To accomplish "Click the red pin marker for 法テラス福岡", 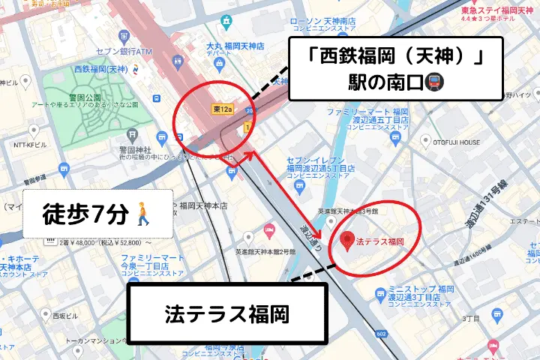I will coord(346,241).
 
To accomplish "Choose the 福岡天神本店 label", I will coord(203,205).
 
